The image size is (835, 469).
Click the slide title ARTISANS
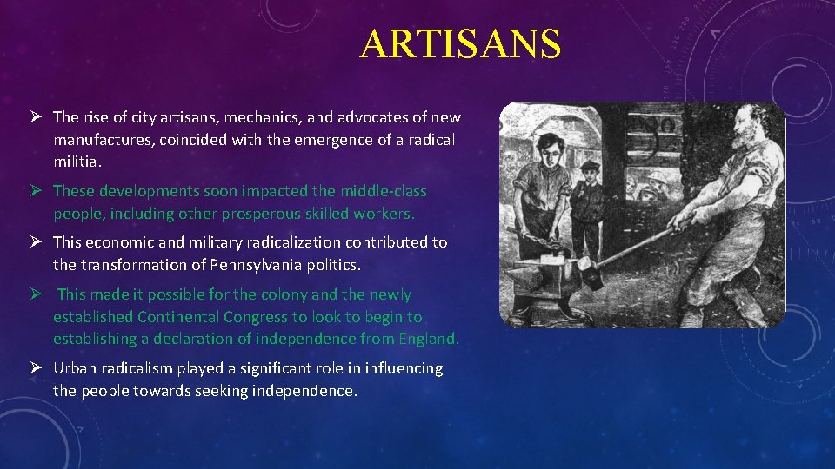click(x=460, y=44)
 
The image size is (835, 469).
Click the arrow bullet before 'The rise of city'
click(x=36, y=117)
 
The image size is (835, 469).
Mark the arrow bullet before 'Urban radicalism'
click(x=36, y=368)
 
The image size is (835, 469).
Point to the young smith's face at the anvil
click(x=553, y=149)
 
